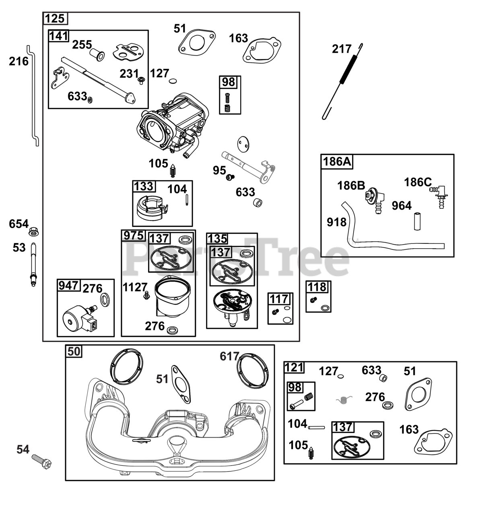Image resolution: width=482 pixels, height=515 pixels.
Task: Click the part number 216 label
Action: tap(19, 62)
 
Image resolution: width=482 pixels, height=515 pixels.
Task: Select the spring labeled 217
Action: tap(342, 81)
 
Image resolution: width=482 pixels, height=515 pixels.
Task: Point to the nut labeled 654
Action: tap(33, 231)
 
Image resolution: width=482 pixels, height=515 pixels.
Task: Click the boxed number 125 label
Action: tap(55, 19)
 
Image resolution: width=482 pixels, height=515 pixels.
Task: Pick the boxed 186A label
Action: tap(337, 162)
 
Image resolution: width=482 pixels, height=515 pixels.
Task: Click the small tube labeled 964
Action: tap(417, 221)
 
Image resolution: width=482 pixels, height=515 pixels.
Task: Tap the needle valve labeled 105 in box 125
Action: tap(173, 170)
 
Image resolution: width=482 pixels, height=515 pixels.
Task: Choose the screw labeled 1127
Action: tap(146, 295)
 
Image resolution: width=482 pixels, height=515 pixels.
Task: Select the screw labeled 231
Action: tap(141, 80)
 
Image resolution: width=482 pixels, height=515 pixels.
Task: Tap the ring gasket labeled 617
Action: tap(253, 371)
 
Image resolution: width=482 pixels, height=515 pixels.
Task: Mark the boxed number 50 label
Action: tap(74, 351)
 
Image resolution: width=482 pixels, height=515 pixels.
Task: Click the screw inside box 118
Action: tap(313, 300)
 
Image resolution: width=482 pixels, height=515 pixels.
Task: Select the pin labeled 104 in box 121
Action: tap(317, 427)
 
